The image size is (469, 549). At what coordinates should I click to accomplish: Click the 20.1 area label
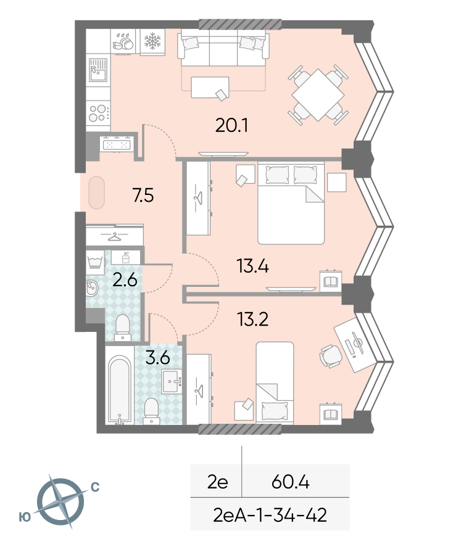click(x=231, y=125)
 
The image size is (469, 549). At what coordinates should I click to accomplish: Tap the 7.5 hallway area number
click(x=143, y=196)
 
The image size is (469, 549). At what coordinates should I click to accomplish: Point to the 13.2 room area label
click(x=252, y=319)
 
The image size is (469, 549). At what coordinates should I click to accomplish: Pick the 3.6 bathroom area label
click(x=157, y=358)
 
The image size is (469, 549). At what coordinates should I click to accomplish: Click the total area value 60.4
click(x=291, y=482)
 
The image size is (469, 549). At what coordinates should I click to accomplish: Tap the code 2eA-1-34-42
click(x=270, y=515)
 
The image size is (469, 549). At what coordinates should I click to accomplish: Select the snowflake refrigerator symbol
click(x=152, y=42)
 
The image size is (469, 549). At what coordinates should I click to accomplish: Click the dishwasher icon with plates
click(x=123, y=42)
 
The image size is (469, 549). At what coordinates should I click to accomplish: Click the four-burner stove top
click(x=98, y=112)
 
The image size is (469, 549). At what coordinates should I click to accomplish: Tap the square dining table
click(x=318, y=95)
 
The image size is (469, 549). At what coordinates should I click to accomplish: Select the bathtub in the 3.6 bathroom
click(x=120, y=389)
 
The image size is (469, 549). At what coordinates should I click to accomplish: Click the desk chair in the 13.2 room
click(x=331, y=356)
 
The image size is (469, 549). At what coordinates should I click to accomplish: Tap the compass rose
click(x=60, y=502)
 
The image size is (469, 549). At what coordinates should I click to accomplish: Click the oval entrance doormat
click(x=96, y=193)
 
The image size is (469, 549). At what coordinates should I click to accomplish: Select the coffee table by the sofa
click(x=210, y=87)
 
